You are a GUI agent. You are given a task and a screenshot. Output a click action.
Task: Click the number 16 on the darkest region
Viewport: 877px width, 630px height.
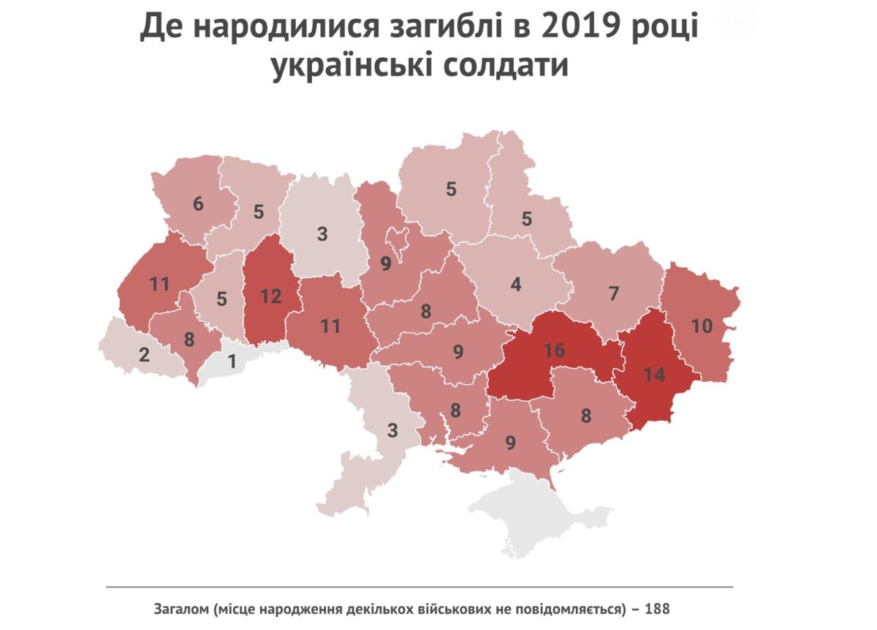click(x=555, y=350)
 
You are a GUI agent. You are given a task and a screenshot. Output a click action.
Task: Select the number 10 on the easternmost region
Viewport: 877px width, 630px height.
click(x=702, y=326)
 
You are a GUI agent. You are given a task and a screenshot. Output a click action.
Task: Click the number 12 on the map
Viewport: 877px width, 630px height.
click(x=270, y=297)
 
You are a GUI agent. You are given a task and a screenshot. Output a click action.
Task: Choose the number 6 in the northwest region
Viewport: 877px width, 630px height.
click(x=198, y=204)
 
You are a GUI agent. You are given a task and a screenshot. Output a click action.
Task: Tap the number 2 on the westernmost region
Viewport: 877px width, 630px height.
click(x=144, y=356)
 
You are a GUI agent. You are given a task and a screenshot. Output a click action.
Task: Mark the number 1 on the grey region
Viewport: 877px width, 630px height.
click(x=232, y=361)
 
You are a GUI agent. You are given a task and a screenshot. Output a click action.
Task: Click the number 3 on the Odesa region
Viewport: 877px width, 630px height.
click(x=392, y=430)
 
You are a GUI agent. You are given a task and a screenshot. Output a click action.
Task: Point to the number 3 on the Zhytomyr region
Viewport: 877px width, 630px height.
click(x=322, y=234)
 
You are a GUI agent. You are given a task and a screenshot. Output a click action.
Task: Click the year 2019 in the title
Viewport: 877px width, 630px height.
click(x=574, y=29)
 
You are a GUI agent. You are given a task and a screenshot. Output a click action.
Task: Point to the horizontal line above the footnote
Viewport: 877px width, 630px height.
click(x=419, y=587)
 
